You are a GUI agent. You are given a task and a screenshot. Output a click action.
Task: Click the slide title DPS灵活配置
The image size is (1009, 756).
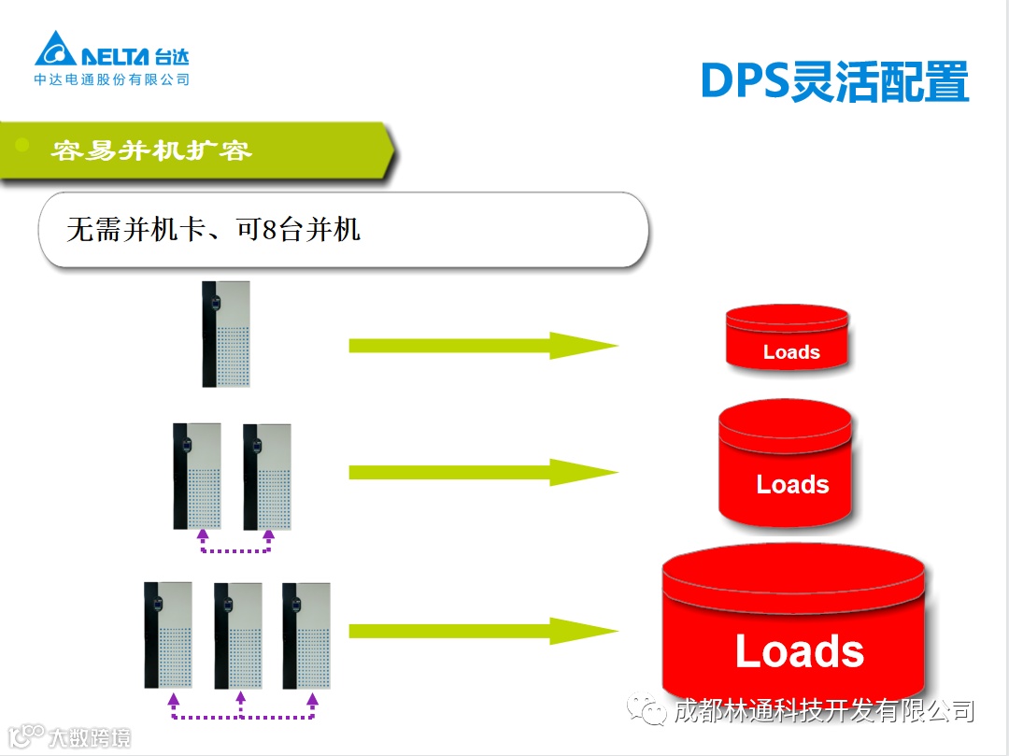tap(834, 83)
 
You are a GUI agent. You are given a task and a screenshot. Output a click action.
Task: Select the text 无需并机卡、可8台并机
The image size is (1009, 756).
tap(214, 229)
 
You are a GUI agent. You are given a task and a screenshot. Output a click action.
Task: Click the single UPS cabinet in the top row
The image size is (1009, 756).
tap(225, 334)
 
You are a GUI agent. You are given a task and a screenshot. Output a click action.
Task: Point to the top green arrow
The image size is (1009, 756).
tap(482, 346)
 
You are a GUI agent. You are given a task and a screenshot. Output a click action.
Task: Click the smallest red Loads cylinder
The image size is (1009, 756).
tap(788, 337)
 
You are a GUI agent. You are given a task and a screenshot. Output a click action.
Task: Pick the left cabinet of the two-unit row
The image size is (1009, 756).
tap(197, 476)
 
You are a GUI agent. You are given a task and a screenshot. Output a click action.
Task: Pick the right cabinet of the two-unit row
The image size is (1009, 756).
tap(267, 476)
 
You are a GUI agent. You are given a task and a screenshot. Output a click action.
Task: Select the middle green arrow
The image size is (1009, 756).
tap(482, 472)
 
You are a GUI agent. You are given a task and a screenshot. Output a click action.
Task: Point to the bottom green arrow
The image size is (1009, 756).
tap(482, 631)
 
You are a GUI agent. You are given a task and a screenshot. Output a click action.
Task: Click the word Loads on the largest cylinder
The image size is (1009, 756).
tap(799, 651)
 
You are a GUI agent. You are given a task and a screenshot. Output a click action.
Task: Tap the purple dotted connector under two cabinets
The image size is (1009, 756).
tap(234, 550)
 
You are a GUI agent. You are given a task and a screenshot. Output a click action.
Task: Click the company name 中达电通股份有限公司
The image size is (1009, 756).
tap(112, 80)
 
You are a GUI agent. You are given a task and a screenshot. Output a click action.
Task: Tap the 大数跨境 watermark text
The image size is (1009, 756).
tap(90, 737)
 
